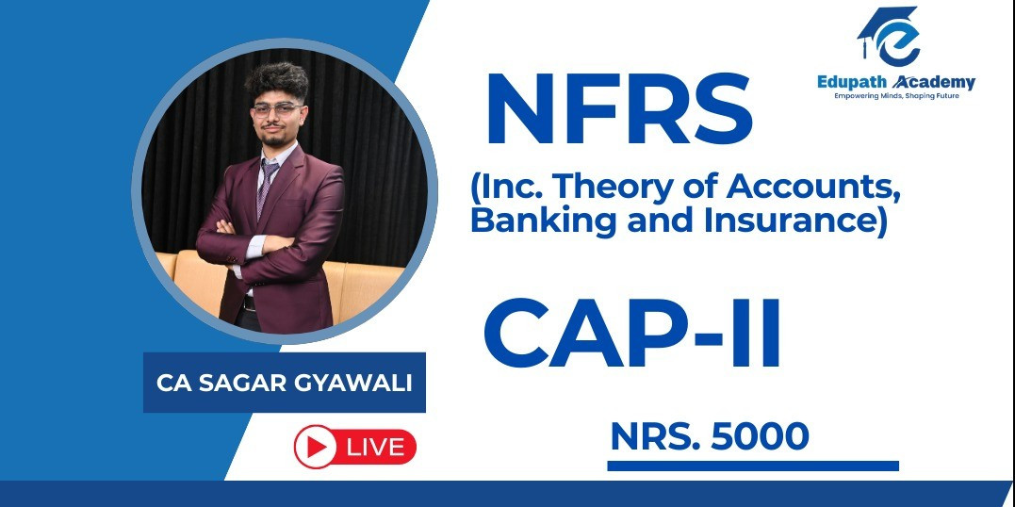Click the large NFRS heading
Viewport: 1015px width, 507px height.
pyautogui.click(x=619, y=109)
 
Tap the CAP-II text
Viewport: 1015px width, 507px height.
pyautogui.click(x=631, y=333)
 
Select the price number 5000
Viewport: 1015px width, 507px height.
pyautogui.click(x=760, y=436)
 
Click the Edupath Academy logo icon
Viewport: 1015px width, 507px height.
pyautogui.click(x=889, y=36)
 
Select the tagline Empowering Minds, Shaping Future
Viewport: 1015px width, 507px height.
pyautogui.click(x=896, y=96)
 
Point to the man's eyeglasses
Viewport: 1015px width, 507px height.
pyautogui.click(x=277, y=109)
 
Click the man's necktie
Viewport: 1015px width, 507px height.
pyautogui.click(x=266, y=188)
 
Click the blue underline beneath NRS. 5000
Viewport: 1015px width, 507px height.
pyautogui.click(x=753, y=466)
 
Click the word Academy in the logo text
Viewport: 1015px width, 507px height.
pyautogui.click(x=933, y=82)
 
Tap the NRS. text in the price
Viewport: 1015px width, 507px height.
pyautogui.click(x=655, y=436)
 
